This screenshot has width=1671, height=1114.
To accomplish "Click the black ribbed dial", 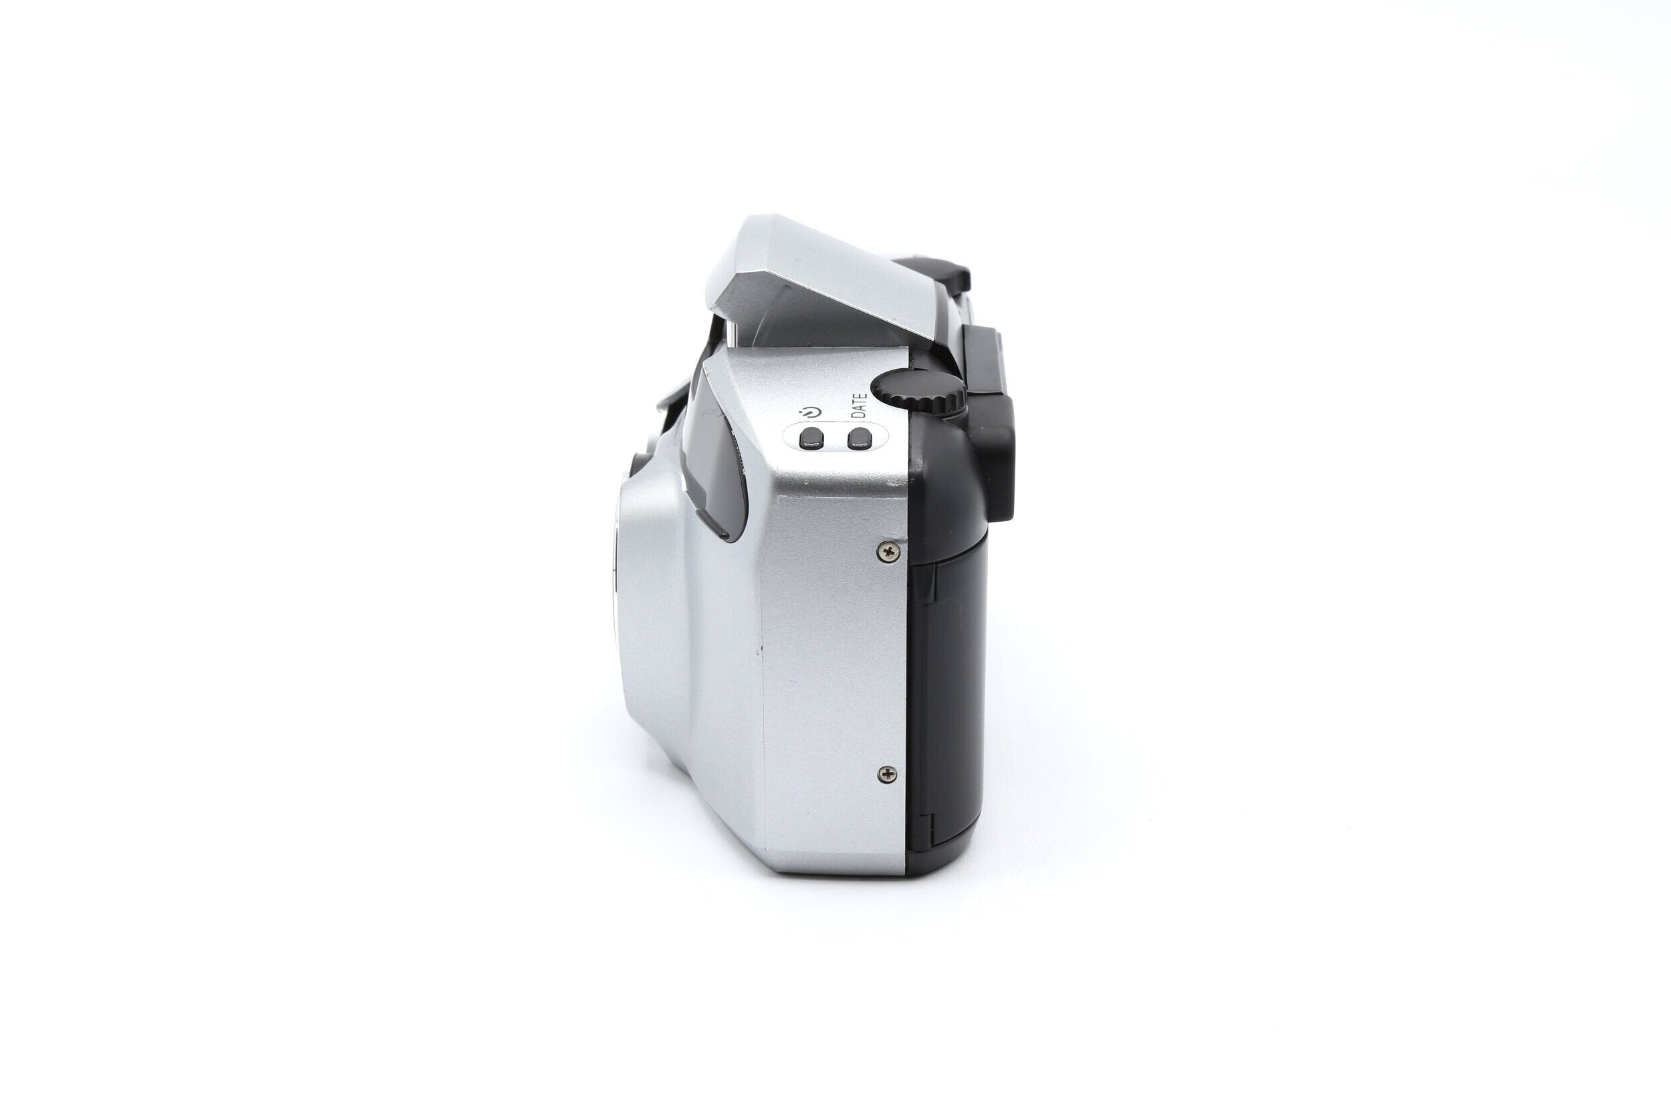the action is coord(918,392).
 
